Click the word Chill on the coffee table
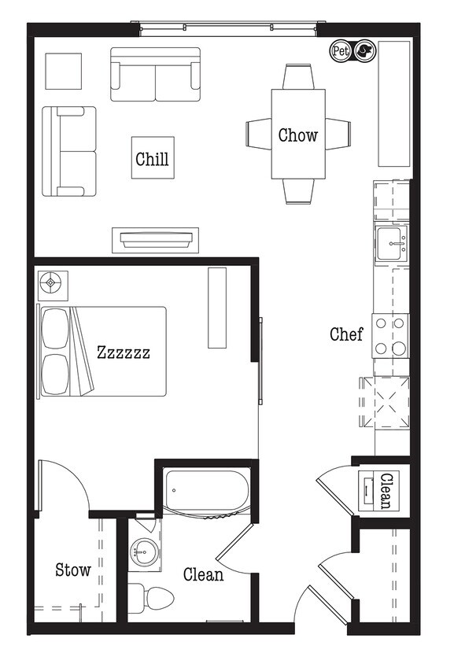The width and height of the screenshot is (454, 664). pyautogui.click(x=152, y=159)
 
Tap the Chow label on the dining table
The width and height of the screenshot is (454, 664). pyautogui.click(x=298, y=135)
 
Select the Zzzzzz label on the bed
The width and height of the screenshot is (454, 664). pyautogui.click(x=123, y=352)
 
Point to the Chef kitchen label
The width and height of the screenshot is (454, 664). pyautogui.click(x=346, y=334)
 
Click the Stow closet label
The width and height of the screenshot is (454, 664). pyautogui.click(x=73, y=570)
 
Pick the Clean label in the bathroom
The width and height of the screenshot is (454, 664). pyautogui.click(x=203, y=574)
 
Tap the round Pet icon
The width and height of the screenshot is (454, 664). pyautogui.click(x=339, y=51)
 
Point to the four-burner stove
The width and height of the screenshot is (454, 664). pyautogui.click(x=390, y=336)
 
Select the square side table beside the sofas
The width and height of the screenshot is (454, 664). pyautogui.click(x=63, y=71)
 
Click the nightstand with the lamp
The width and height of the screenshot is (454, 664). pyautogui.click(x=52, y=284)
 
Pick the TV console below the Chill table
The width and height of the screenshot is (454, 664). pyautogui.click(x=155, y=239)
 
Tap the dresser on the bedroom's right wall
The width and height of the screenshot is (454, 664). pyautogui.click(x=217, y=308)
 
